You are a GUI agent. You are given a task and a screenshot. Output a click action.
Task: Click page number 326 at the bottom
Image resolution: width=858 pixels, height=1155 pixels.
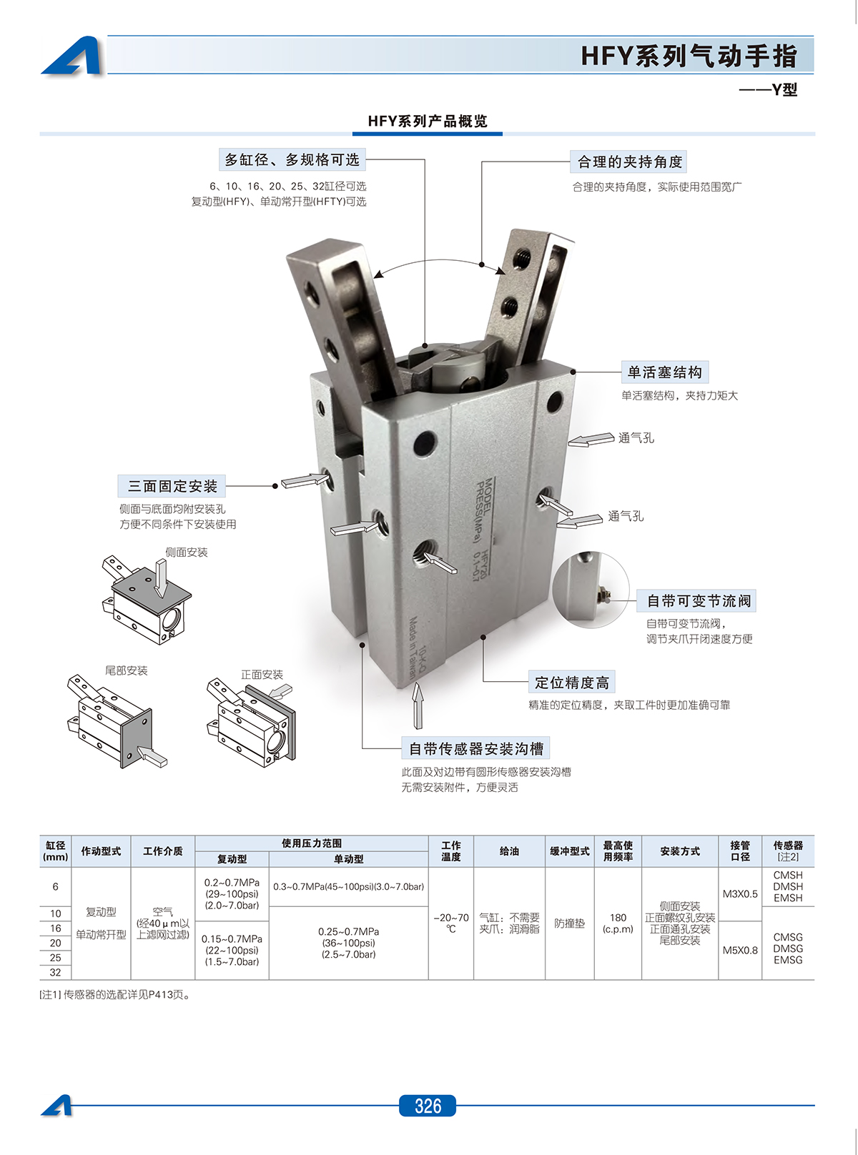[428, 1106]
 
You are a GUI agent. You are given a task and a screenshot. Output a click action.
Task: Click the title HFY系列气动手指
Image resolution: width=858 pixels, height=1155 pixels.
[689, 56]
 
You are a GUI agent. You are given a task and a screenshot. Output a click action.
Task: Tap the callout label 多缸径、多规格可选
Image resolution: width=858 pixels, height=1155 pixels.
[292, 159]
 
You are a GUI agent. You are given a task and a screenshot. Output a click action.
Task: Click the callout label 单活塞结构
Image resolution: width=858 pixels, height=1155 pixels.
[664, 372]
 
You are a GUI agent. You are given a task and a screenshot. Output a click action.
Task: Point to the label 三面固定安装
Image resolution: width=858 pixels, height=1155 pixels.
[172, 486]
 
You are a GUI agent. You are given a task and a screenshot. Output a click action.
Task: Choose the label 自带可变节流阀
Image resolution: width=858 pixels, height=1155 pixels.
[699, 600]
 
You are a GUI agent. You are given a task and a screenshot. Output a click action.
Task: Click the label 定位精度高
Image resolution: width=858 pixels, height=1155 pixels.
[572, 682]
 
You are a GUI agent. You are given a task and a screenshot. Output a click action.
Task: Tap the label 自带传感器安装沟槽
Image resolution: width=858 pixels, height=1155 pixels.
[476, 748]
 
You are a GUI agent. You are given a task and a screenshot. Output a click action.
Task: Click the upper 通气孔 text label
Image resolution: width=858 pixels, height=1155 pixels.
[636, 437]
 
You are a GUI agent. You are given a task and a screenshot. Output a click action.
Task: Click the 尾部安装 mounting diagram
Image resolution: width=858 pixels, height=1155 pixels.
[114, 722]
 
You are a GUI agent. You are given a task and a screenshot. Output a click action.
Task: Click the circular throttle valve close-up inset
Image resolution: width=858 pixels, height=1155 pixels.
[590, 590]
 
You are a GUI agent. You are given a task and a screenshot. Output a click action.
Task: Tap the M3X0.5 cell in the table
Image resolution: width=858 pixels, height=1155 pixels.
[740, 893]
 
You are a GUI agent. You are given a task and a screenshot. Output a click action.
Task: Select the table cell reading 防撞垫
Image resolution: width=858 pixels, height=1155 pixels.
[570, 923]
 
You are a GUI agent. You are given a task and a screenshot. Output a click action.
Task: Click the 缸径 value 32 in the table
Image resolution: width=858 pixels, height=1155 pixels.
[56, 972]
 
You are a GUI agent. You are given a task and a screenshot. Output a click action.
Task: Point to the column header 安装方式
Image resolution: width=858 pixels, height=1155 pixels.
[680, 851]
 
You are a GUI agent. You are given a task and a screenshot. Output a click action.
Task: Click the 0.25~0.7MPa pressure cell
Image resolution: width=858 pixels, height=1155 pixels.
[348, 943]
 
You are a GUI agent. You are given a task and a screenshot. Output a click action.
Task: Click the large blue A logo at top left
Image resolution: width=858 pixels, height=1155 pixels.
[73, 56]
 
